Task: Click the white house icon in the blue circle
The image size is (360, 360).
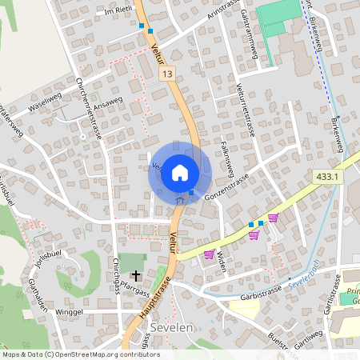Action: pos(180,171)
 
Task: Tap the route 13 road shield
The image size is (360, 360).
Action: pos(166,74)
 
